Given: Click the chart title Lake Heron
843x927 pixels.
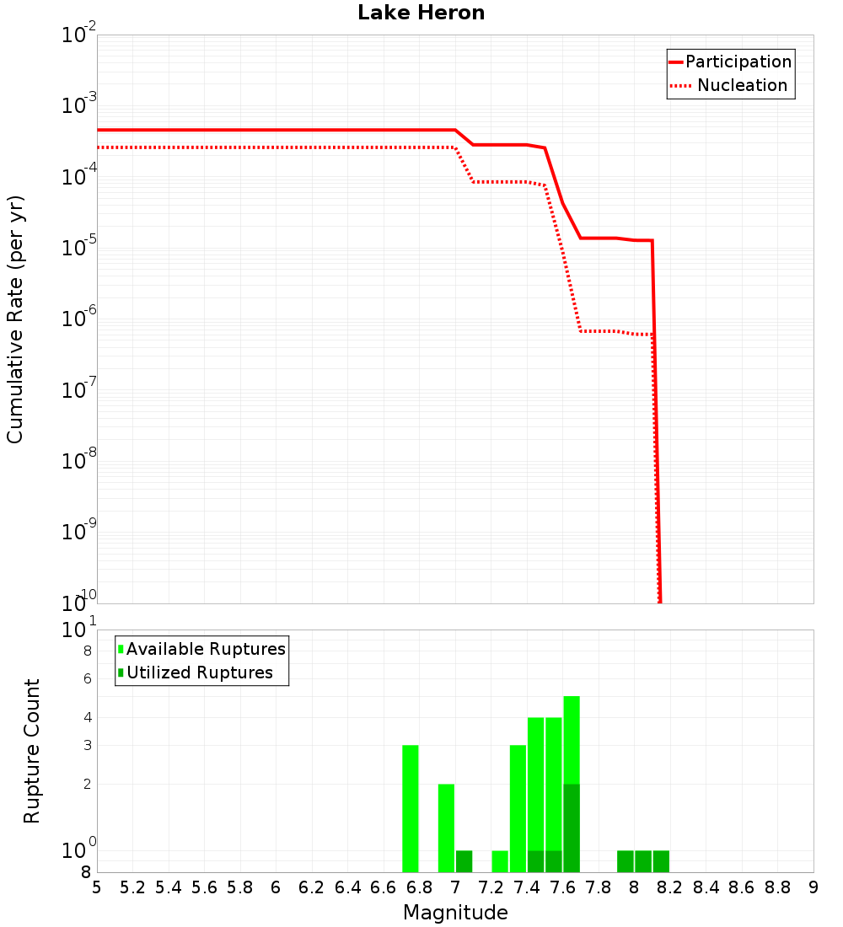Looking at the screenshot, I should pos(421,13).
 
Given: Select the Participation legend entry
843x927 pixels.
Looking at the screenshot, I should pos(738,62).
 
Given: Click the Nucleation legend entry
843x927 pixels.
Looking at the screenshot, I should pos(742,85).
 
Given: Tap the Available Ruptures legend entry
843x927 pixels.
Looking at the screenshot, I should pos(206,649).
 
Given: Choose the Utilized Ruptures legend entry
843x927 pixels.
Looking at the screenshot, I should pos(199,672).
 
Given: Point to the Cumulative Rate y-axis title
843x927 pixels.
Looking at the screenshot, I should pos(15,319).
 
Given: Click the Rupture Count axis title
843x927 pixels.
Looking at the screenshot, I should pos(32,751).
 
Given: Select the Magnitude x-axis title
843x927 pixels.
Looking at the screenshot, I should pos(455,913).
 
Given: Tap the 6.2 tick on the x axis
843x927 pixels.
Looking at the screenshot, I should pos(312,887).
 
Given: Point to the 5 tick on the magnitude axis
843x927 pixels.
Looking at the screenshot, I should pos(97,887).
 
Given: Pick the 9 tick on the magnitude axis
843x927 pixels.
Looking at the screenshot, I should pos(813,887).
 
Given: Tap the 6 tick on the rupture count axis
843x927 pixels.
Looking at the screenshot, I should pos(87,678).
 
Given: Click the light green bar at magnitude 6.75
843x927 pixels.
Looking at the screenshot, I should pos(411,809).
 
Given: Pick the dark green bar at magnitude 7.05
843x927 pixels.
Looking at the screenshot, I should pos(464,861).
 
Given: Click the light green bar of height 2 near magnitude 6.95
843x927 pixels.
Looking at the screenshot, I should pos(446,828).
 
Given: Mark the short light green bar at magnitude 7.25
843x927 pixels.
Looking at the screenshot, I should pos(500,861).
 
